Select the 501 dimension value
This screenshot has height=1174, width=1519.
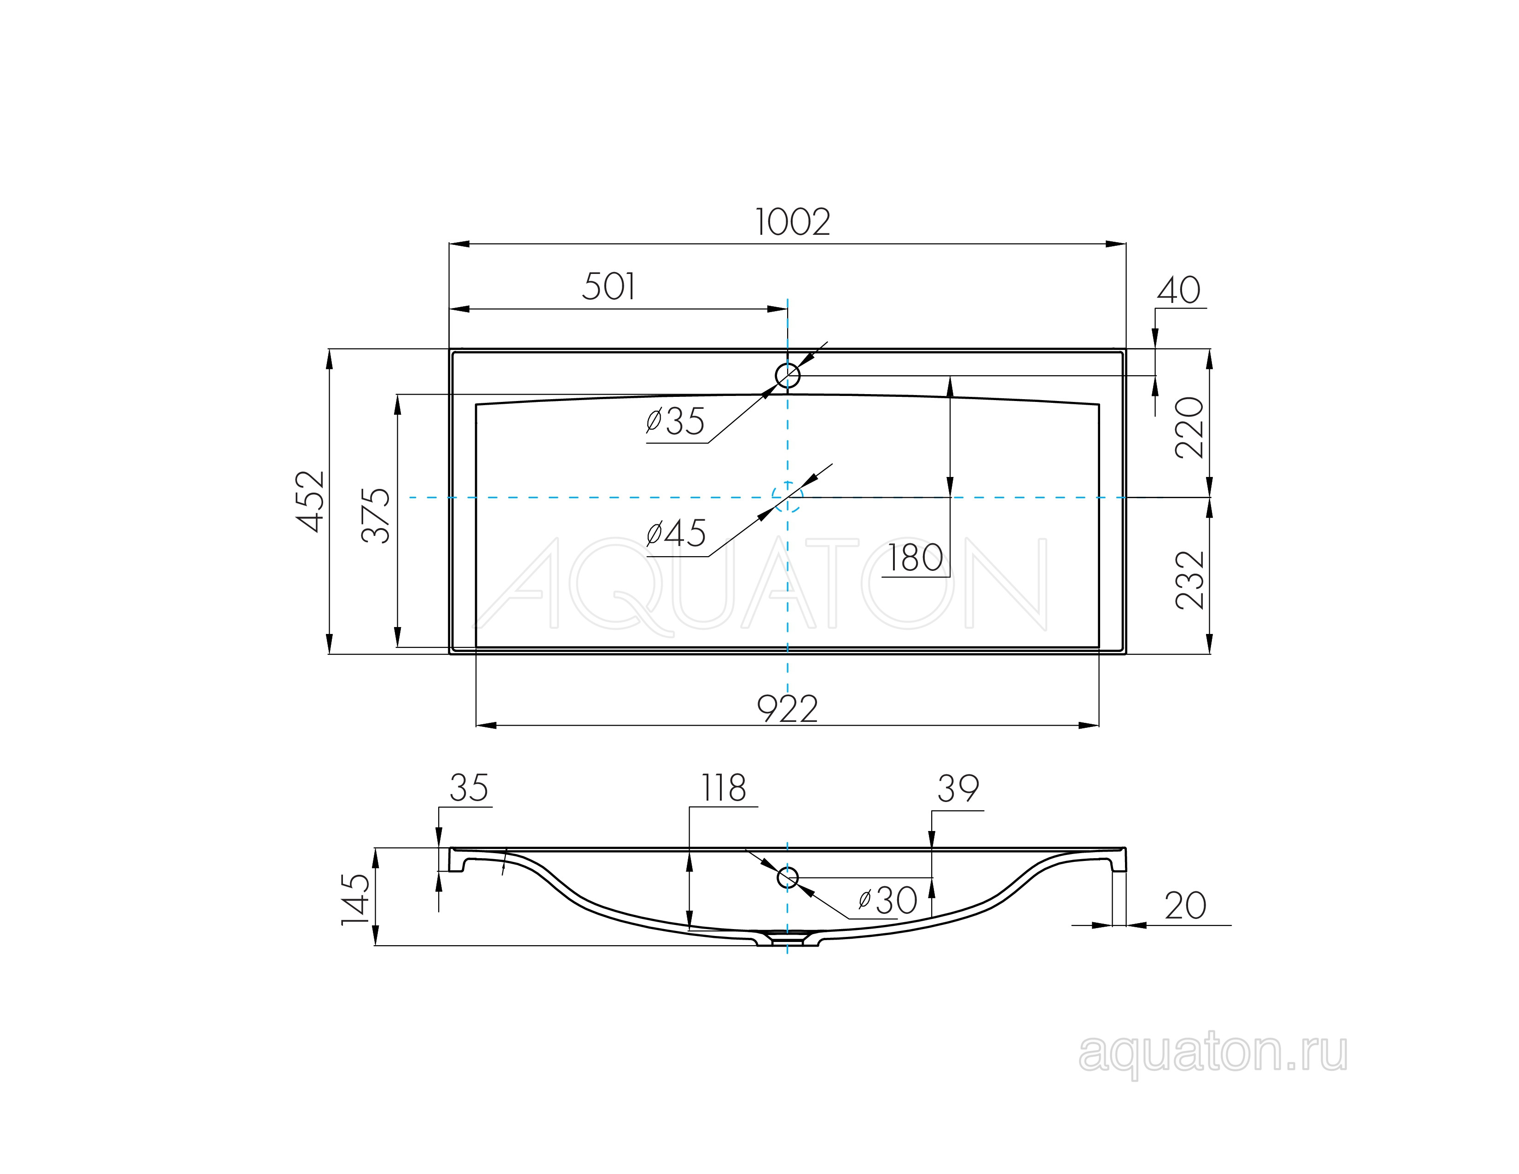[x=609, y=286]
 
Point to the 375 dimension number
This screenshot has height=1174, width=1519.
[x=376, y=515]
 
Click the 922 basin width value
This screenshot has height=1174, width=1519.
[x=787, y=709]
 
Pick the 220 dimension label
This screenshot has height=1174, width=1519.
[x=1190, y=427]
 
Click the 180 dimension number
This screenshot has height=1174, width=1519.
[x=915, y=558]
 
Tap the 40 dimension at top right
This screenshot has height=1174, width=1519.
[x=1178, y=291]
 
